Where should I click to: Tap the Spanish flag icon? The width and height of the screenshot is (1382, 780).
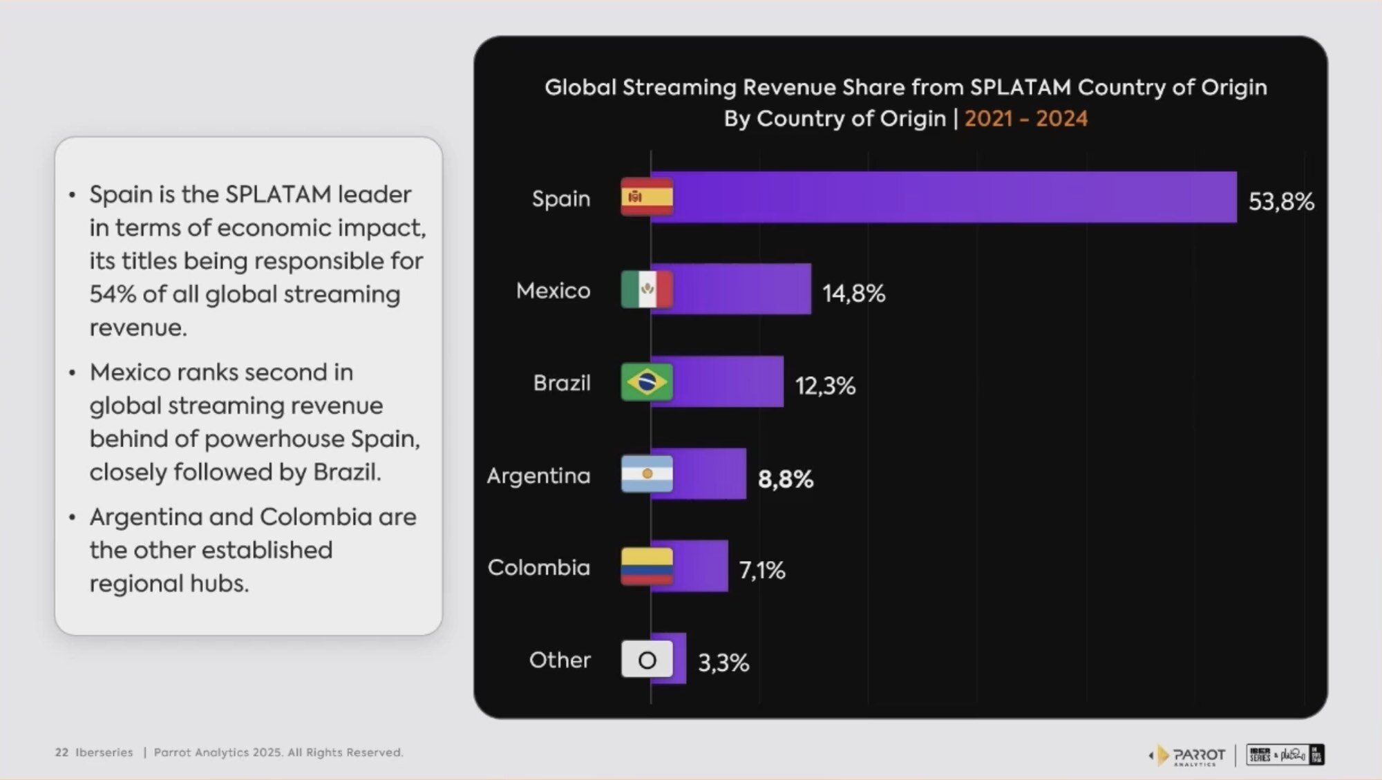click(x=647, y=198)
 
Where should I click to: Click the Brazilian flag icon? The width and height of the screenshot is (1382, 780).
click(x=647, y=382)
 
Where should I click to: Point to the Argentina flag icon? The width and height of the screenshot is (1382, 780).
click(x=647, y=474)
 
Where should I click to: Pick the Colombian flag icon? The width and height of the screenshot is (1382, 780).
click(x=647, y=567)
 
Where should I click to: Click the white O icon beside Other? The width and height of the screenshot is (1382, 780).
click(x=647, y=660)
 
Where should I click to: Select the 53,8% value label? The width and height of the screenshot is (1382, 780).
click(x=1280, y=202)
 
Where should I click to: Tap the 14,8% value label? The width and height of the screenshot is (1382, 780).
click(x=853, y=294)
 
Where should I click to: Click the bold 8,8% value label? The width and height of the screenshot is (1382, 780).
click(x=785, y=479)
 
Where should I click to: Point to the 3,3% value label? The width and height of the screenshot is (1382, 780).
click(x=723, y=663)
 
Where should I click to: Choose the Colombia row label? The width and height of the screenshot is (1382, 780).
click(x=538, y=568)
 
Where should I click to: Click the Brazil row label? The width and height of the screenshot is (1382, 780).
click(x=561, y=383)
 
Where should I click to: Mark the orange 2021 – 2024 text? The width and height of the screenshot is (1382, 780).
click(x=1025, y=119)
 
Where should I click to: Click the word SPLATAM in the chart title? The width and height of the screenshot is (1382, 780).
click(x=1021, y=88)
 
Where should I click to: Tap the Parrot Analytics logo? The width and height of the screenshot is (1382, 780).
click(x=1189, y=755)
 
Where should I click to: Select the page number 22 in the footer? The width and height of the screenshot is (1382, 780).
click(x=61, y=752)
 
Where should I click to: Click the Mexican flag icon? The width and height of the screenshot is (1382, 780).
click(x=647, y=289)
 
